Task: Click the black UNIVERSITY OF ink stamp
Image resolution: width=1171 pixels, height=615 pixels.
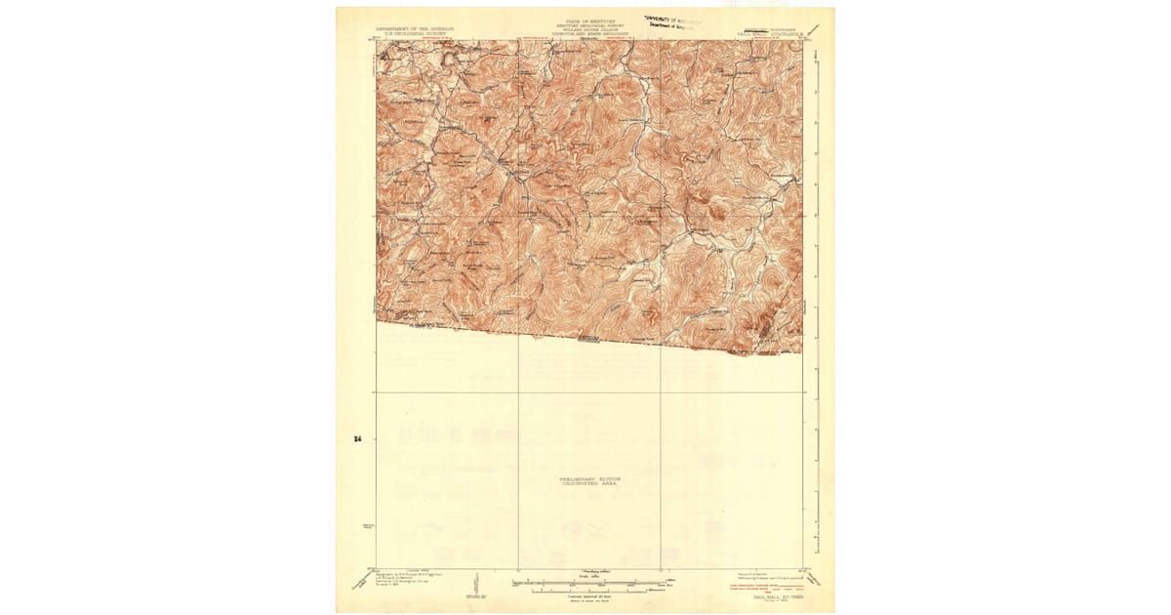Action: (673, 18)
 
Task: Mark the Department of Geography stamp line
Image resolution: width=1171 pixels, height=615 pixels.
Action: (672, 25)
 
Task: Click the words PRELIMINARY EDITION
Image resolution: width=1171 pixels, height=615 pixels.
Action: (588, 479)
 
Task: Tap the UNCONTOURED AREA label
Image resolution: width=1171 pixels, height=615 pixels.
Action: (588, 485)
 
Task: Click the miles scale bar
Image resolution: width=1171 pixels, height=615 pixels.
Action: (585, 584)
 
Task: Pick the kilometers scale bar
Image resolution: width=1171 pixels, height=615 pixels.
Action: (585, 591)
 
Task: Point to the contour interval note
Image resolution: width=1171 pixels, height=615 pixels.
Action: (585, 597)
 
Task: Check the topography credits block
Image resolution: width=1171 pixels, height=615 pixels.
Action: (410, 582)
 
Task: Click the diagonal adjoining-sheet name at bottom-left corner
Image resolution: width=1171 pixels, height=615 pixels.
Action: (353, 583)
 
